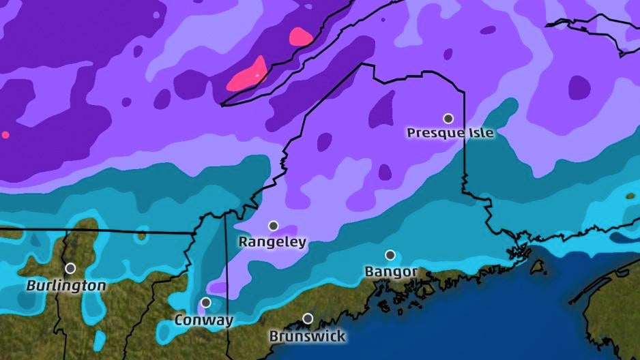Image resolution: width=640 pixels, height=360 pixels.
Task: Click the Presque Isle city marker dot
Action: tap(448, 118)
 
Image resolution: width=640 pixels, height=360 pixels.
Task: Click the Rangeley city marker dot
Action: tap(273, 226)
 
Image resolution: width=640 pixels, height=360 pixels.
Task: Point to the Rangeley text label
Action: tap(272, 242)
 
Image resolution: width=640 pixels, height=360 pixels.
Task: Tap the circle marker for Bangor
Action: tap(390, 255)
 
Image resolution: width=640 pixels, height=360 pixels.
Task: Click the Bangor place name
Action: tap(391, 272)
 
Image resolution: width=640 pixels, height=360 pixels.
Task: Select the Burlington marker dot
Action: tap(70, 268)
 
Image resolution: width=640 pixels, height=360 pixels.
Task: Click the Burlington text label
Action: tap(66, 286)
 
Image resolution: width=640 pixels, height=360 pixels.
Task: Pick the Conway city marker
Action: tap(205, 302)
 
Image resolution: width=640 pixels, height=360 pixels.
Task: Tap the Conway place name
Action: tap(204, 320)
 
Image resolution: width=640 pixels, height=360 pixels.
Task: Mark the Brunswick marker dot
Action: tap(308, 318)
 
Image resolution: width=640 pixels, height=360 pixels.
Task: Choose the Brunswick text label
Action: tap(307, 336)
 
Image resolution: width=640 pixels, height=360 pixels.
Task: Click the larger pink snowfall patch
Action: tap(248, 75)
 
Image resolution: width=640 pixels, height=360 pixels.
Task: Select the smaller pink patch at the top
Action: tap(300, 36)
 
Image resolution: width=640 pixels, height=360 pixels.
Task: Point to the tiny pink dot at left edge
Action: tap(5, 135)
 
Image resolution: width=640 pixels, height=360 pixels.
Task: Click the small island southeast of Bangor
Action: tap(538, 267)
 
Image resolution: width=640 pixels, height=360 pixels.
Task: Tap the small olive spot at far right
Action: tap(630, 196)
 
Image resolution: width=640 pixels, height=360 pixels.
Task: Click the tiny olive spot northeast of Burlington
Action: tap(141, 236)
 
